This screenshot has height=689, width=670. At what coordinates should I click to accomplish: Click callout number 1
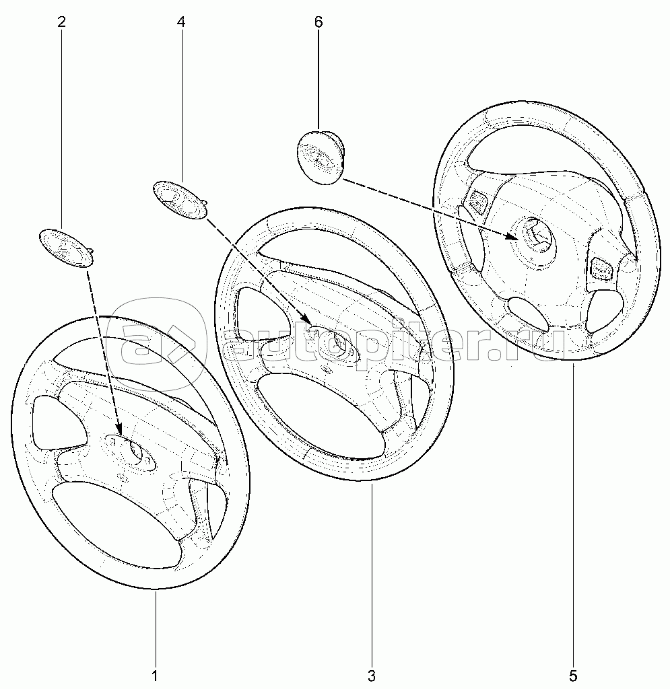point(155,674)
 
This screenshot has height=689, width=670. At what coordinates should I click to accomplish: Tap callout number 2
point(61,22)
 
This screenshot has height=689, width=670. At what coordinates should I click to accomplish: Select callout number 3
point(372,674)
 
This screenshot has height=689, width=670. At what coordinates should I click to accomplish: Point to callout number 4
point(181,22)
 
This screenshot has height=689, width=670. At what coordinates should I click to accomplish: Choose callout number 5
point(573,674)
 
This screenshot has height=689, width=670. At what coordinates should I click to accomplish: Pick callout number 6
point(319,22)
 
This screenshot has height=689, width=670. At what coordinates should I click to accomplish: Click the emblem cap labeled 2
point(67,248)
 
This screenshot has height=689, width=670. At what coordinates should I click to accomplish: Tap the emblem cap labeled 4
point(180,199)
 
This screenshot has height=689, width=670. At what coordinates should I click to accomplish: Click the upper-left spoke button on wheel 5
point(477,201)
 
